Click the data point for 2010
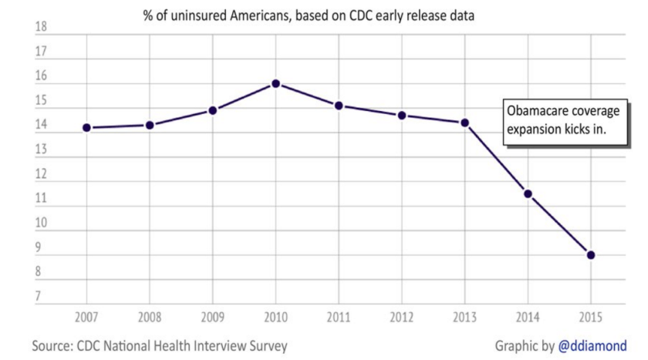coord(275,84)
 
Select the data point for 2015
coord(590,255)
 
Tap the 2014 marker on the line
coord(528,193)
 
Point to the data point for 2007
coord(86,128)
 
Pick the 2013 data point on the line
coord(464,123)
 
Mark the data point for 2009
coord(213,110)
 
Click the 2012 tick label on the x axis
coord(401,318)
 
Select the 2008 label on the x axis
coord(150,318)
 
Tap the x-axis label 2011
coord(339,318)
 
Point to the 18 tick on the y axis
coord(41,28)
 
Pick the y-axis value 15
coord(41,101)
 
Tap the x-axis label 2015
coord(590,318)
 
